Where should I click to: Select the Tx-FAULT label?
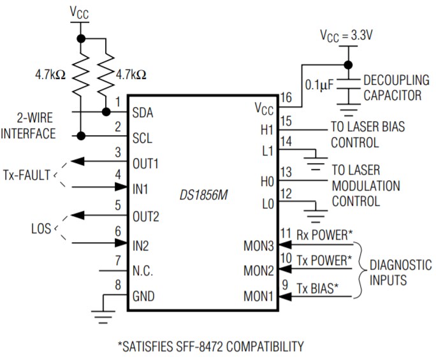pyautogui.click(x=27, y=174)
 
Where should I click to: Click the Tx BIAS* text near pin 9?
pyautogui.click(x=317, y=288)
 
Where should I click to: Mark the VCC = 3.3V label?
pyautogui.click(x=347, y=36)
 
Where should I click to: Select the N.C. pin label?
pyautogui.click(x=142, y=270)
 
